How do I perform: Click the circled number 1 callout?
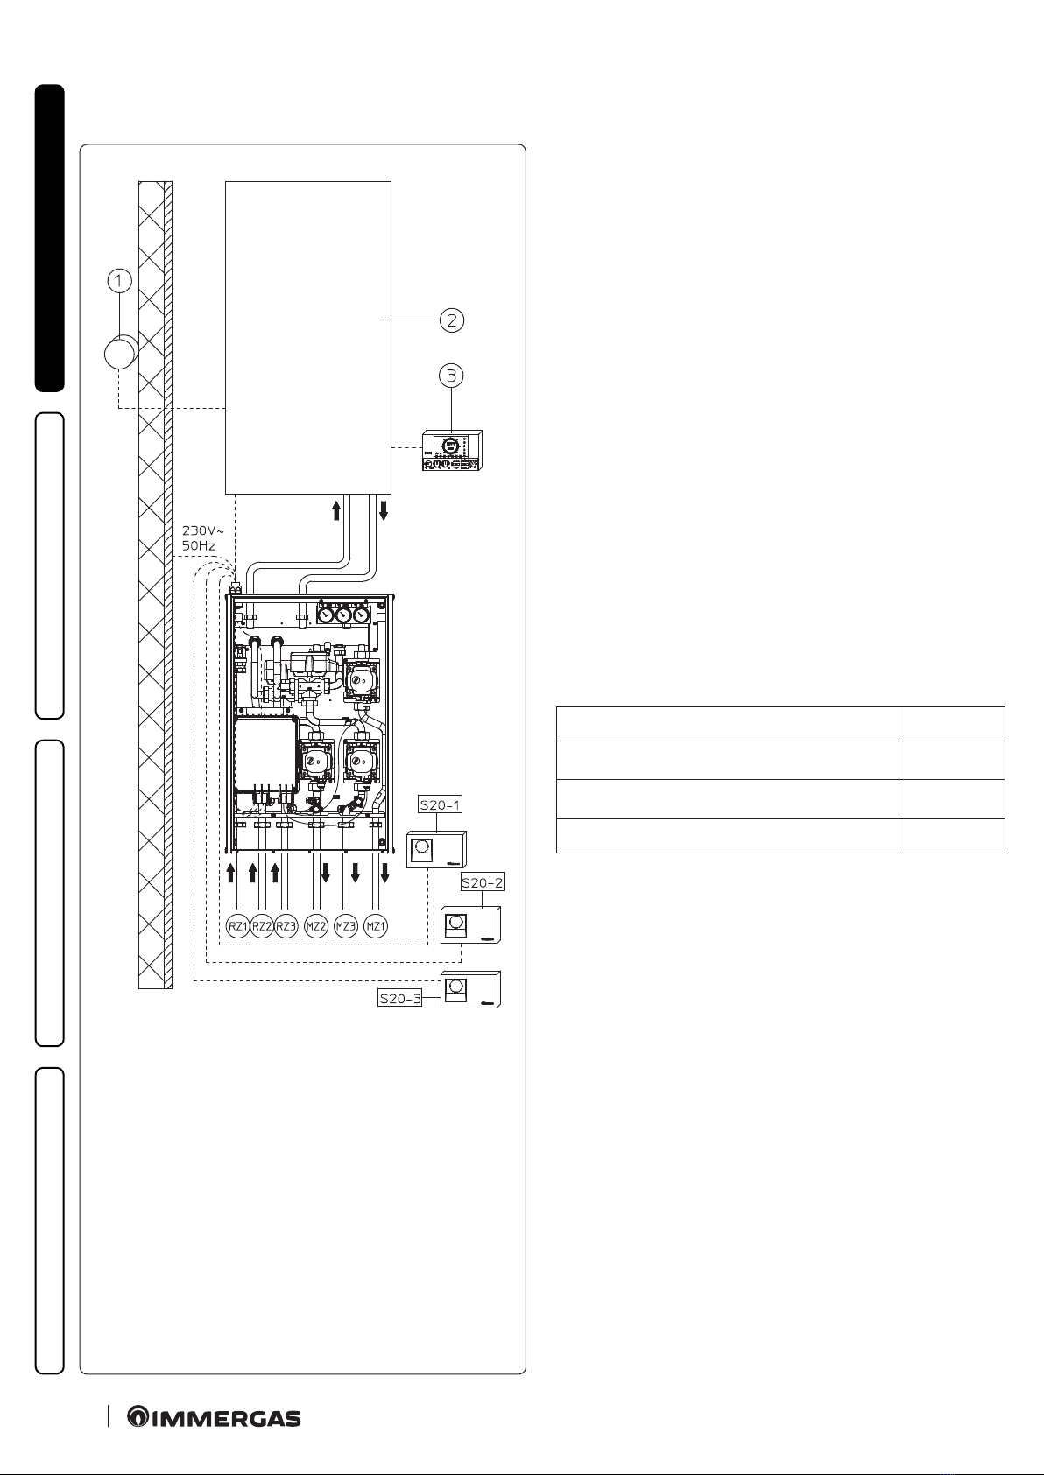point(119,280)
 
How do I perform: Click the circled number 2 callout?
point(452,320)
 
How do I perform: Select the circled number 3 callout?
point(451,376)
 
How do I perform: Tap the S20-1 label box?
point(441,804)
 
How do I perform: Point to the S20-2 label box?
point(483,882)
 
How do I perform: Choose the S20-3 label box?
point(400,998)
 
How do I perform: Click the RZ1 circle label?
point(237,926)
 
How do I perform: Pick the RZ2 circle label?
point(262,926)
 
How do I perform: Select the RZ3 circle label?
point(286,926)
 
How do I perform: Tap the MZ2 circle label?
point(316,926)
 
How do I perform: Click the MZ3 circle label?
point(346,926)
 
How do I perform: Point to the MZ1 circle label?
point(376,926)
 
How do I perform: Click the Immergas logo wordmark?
point(214,1418)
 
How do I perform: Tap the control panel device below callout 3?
point(452,451)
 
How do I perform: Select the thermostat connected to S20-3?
point(470,989)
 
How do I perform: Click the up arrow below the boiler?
point(336,510)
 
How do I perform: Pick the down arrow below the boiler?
point(384,510)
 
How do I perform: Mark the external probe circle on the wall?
point(121,353)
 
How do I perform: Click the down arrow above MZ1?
point(384,873)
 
